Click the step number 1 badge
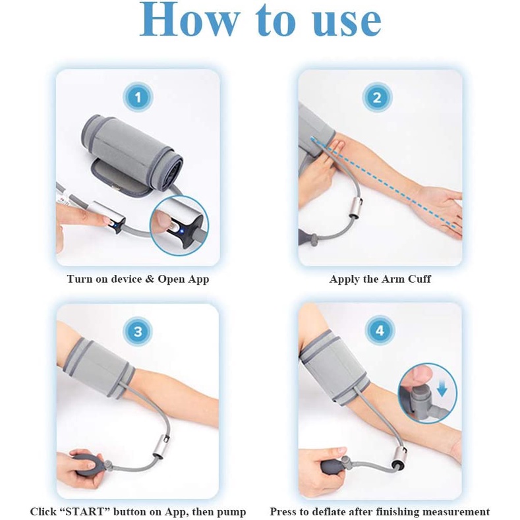coord(138,97)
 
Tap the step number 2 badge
coord(377,98)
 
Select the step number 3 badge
coord(138,332)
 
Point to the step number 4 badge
coord(380,330)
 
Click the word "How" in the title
coord(189,19)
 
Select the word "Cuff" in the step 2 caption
coord(420,279)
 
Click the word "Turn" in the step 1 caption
coord(80,279)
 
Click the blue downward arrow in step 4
coord(442,388)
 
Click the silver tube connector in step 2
coord(356,207)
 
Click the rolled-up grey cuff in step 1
coord(132,152)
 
